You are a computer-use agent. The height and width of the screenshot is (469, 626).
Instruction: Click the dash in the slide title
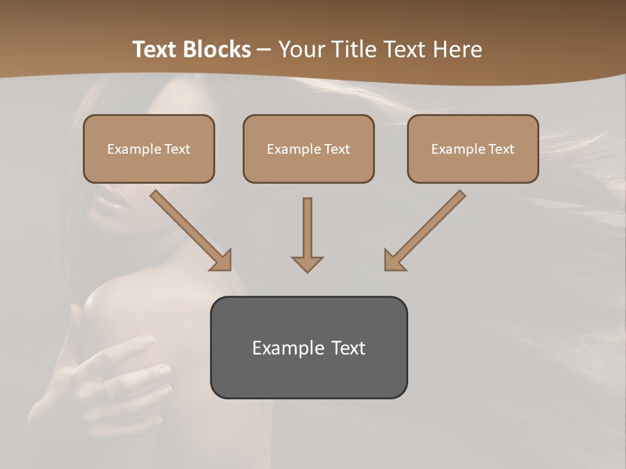click(x=264, y=50)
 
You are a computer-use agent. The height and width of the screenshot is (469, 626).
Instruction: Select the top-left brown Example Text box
click(x=149, y=149)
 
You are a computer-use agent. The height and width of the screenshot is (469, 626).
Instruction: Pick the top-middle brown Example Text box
click(x=308, y=149)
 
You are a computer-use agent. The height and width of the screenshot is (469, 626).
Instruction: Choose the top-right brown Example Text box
click(x=473, y=149)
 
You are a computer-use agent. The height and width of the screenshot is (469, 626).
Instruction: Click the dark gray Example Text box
click(x=308, y=347)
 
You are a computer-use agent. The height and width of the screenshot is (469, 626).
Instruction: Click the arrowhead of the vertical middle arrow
click(x=307, y=264)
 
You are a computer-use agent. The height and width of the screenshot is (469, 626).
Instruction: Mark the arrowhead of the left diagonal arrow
click(x=222, y=261)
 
